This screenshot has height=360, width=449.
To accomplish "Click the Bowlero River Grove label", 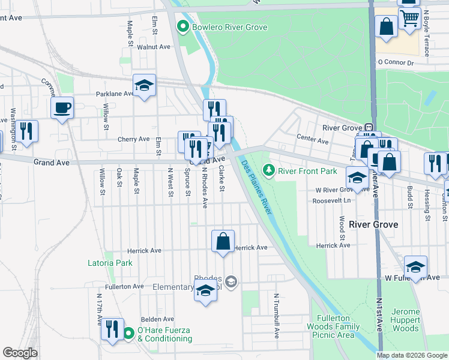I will pyautogui.click(x=229, y=27).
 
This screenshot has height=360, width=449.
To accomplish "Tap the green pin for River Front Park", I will pyautogui.click(x=270, y=171).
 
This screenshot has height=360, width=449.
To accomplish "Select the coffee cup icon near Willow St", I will pyautogui.click(x=62, y=108).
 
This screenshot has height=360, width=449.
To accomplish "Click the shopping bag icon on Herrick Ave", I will pyautogui.click(x=223, y=242).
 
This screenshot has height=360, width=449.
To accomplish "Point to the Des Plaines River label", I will pyautogui.click(x=257, y=187).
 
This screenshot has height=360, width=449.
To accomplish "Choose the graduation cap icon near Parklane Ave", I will pyautogui.click(x=144, y=86).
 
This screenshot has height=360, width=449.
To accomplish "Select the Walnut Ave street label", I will pyautogui.click(x=154, y=46).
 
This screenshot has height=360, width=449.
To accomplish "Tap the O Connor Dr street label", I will pyautogui.click(x=396, y=62).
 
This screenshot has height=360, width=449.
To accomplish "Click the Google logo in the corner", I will pyautogui.click(x=20, y=353).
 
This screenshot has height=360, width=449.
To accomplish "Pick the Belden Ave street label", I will pyautogui.click(x=157, y=319).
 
